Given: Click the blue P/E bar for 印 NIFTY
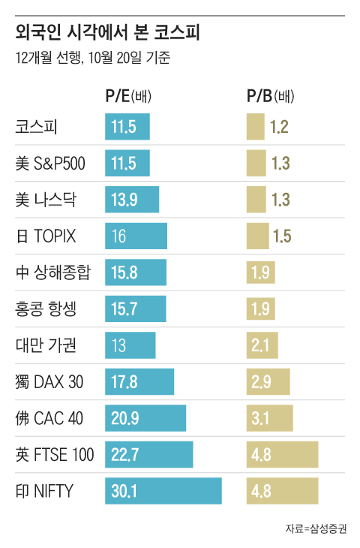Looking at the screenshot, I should coord(163,491).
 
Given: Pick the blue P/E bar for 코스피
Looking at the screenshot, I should coord(127,127).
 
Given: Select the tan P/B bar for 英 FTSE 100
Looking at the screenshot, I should coord(282,454).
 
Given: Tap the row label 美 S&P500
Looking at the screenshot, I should coord(51,163).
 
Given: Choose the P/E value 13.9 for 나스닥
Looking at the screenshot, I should coord(124,200).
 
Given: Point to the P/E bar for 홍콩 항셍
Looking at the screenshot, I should coord(136,309).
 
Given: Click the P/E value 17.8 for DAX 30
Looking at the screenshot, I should coord(124,381).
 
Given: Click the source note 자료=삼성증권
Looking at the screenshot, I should coord(316,528).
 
